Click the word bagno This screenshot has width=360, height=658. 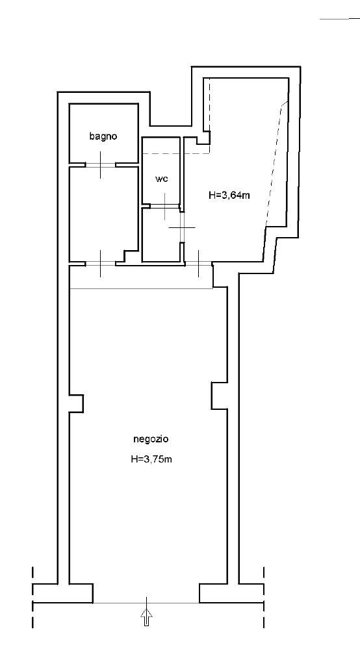(x=103, y=136)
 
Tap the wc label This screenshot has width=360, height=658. (x=162, y=179)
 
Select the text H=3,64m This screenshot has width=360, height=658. (x=229, y=195)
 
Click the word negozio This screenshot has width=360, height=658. (x=151, y=439)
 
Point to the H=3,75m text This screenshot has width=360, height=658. (x=151, y=459)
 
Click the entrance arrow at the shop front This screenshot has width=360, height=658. (x=146, y=618)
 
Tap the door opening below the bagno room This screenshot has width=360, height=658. (x=101, y=164)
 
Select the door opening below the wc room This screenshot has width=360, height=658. (x=165, y=206)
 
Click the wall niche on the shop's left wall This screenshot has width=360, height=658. (x=77, y=403)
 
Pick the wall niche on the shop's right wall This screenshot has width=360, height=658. (x=219, y=396)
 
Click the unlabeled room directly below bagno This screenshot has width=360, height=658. (x=103, y=213)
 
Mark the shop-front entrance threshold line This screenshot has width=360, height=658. (x=146, y=603)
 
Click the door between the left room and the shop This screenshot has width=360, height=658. (x=101, y=264)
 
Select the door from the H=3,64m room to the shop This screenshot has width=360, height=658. (x=198, y=264)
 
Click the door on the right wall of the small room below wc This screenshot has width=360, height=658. (x=182, y=227)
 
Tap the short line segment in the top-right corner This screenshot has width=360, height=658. (x=334, y=19)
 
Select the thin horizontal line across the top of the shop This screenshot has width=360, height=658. (x=141, y=288)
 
